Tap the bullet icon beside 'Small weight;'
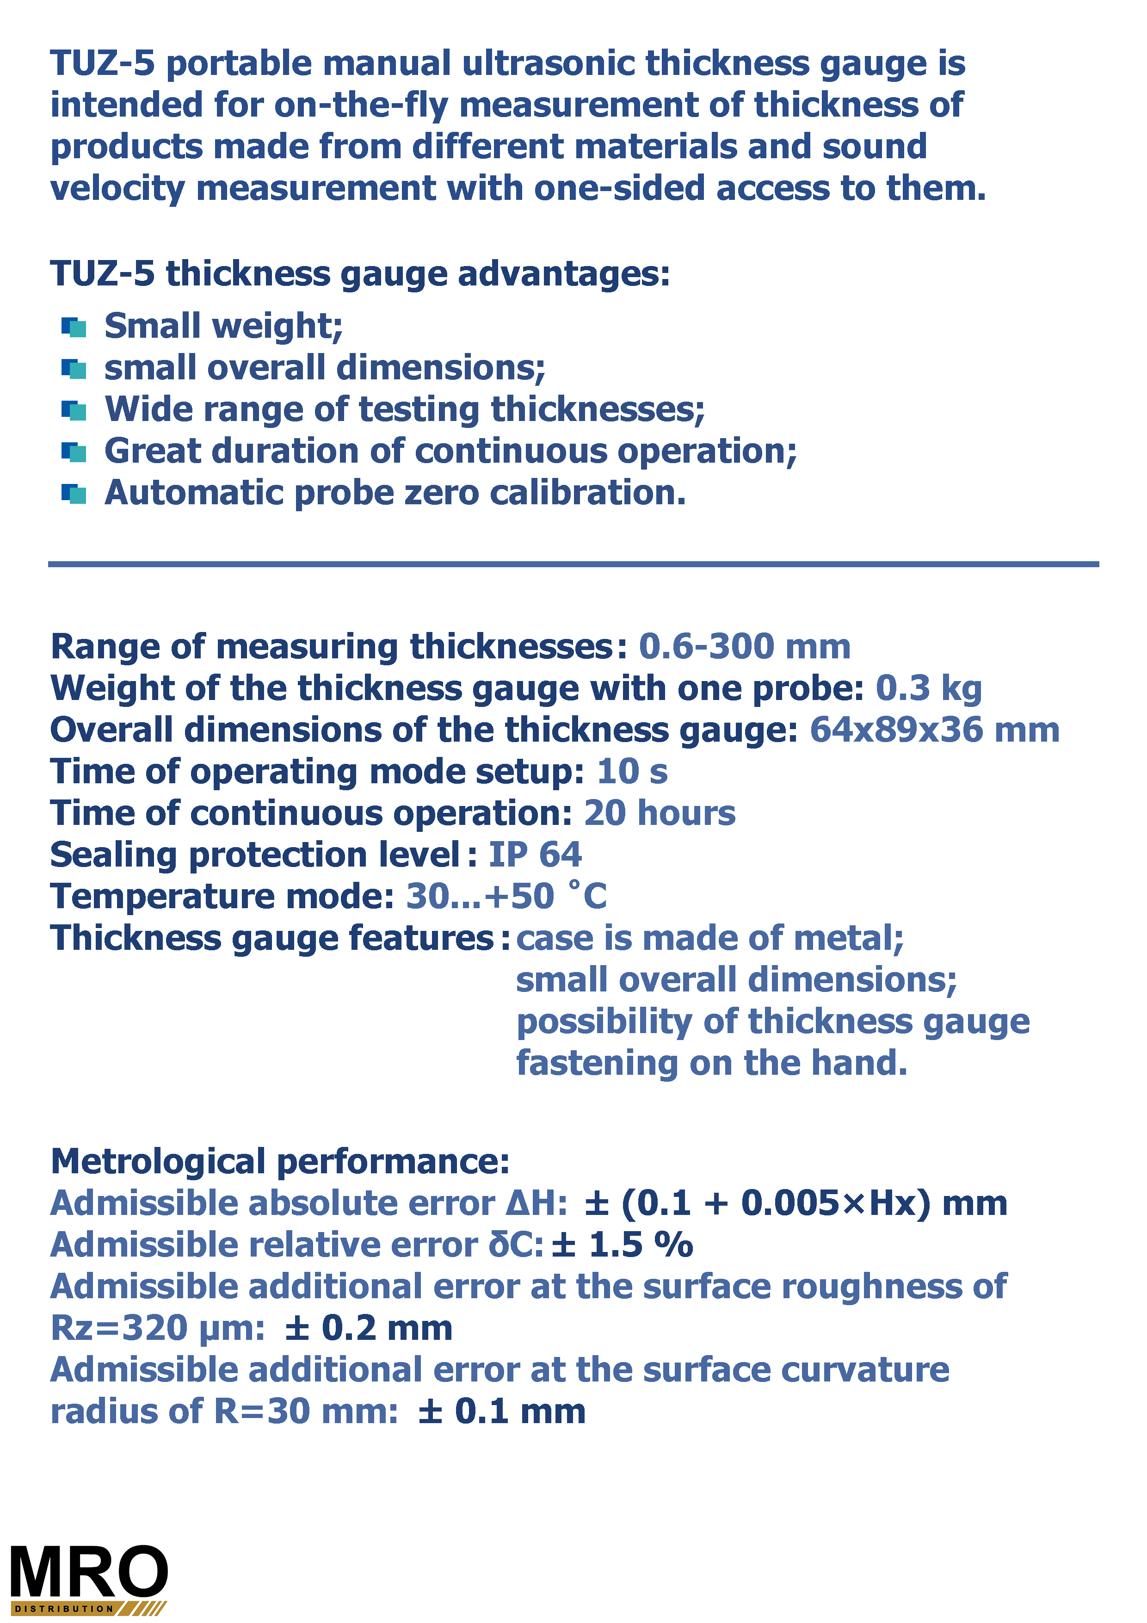pos(74,327)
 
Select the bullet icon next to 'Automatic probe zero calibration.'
pos(74,493)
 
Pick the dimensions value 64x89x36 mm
pos(934,730)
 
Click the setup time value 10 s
pos(632,772)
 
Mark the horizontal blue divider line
pos(573,564)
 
